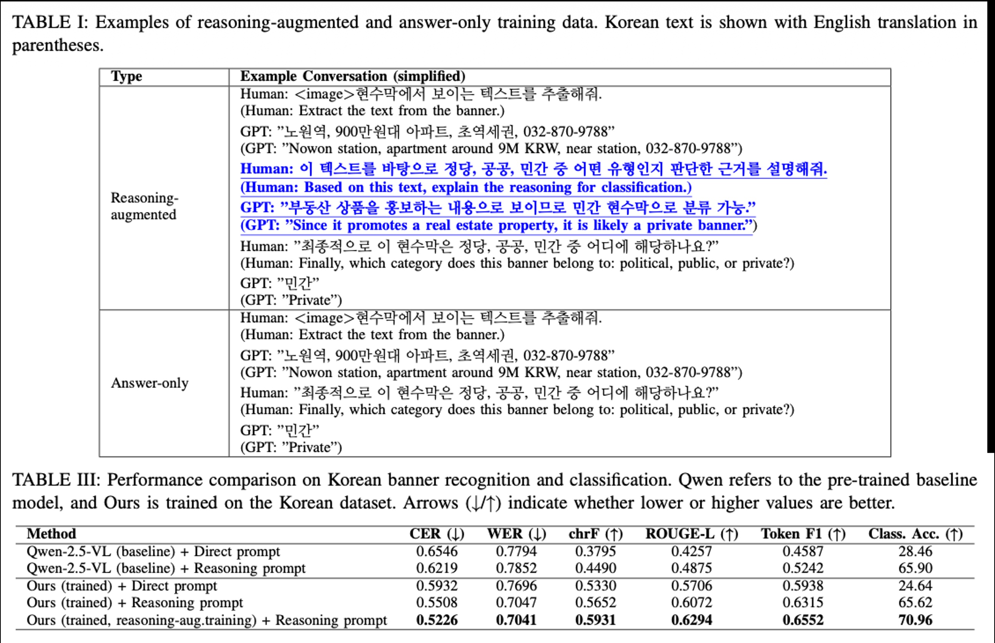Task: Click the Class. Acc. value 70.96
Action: [915, 620]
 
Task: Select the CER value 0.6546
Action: [437, 551]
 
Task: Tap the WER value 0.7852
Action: [516, 568]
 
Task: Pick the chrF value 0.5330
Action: [595, 586]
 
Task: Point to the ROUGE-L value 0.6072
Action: [691, 603]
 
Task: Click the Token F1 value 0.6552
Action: [803, 620]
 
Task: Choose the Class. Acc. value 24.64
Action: [915, 586]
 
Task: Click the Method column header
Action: [51, 534]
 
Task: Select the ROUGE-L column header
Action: [691, 534]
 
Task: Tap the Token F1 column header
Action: [803, 534]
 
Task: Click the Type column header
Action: [126, 77]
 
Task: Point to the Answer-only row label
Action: [149, 383]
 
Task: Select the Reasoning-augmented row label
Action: [144, 206]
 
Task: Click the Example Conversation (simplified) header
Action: [352, 77]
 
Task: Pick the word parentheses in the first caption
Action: [57, 45]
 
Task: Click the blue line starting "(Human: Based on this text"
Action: [465, 187]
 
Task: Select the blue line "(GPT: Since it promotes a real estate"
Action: [498, 225]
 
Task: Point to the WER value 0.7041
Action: [516, 620]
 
